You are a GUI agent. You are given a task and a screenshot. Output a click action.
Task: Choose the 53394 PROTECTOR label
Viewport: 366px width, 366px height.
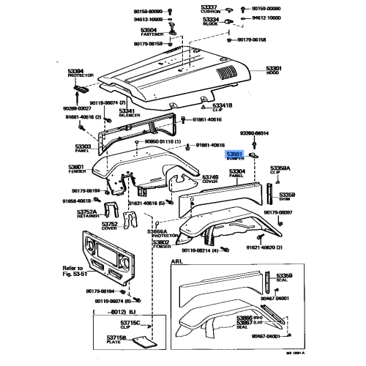[81, 75]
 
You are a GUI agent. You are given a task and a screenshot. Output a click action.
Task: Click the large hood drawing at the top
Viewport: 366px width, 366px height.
[176, 73]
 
